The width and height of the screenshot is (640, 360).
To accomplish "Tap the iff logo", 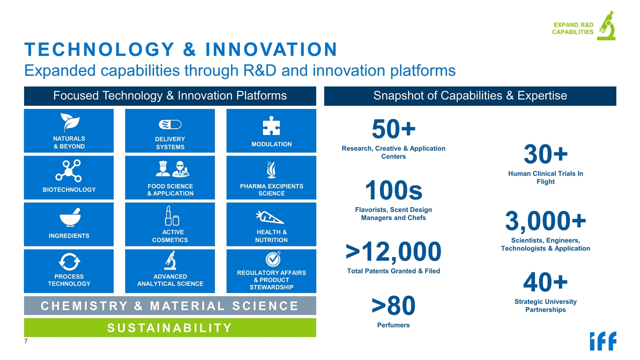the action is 603,341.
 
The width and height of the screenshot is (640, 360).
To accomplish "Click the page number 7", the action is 26,341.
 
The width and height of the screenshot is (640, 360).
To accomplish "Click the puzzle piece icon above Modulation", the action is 271,125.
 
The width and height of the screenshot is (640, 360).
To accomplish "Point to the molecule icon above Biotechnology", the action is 68,171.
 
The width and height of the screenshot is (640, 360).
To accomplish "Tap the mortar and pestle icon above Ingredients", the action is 70,217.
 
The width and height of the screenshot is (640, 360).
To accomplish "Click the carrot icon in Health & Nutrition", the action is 269,217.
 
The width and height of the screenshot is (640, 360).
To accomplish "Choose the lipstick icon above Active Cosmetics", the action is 171,215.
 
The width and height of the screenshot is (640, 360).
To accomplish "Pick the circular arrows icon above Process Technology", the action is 69,261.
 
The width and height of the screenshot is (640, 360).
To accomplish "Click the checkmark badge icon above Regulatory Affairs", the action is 273,259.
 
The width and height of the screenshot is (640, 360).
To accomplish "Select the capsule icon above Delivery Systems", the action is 170,124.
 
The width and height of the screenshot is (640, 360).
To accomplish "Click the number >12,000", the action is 393,251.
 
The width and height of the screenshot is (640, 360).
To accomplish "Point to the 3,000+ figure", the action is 545,220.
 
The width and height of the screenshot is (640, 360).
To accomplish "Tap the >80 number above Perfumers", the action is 393,305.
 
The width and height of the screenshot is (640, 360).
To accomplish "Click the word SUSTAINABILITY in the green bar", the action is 169,328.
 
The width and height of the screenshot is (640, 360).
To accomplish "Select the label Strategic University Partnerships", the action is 545,305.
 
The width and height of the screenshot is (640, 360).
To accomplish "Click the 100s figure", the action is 393,190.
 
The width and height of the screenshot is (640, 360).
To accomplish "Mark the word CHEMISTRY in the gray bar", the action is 84,306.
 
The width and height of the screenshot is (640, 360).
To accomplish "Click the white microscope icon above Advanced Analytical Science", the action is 170,260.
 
